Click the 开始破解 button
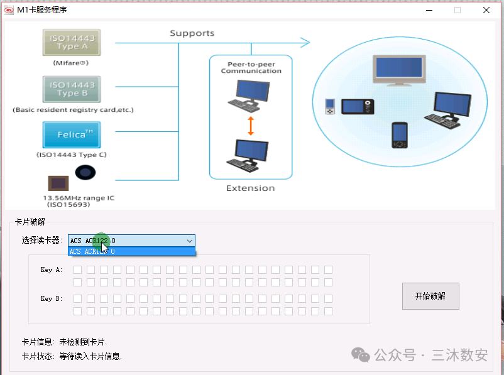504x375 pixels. [x=430, y=296]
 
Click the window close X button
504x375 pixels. [x=486, y=10]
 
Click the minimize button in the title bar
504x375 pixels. [x=428, y=10]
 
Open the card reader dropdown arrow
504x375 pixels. [x=189, y=241]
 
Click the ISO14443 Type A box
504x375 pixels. [x=72, y=43]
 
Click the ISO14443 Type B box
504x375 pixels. [x=72, y=89]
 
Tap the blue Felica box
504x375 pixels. [x=72, y=135]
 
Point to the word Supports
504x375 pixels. [x=192, y=33]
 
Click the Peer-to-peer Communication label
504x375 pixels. [x=251, y=67]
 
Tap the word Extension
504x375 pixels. [x=250, y=188]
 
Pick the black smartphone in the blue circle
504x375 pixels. [x=399, y=134]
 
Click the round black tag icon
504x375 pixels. [x=85, y=171]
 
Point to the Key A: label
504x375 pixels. [x=51, y=270]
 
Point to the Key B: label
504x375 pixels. [x=51, y=299]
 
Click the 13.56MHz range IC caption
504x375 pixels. [x=78, y=201]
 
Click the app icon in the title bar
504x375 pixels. [x=9, y=10]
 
